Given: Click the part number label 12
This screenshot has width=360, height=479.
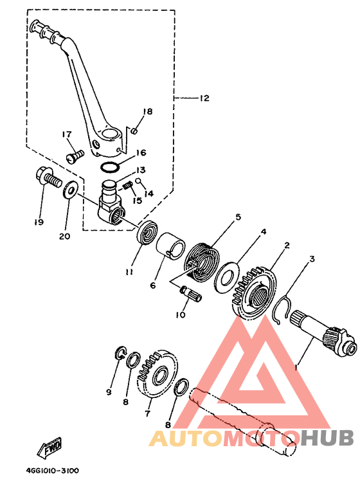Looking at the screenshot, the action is (204, 98).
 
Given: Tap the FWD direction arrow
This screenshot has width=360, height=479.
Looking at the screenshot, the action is (50, 447).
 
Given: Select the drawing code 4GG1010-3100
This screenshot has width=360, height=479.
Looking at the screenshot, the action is (52, 471).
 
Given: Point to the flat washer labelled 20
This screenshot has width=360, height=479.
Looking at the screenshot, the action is (71, 190).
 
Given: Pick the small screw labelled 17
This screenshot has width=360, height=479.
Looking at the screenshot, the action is (75, 155).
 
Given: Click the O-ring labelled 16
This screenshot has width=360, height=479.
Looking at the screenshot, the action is (110, 167).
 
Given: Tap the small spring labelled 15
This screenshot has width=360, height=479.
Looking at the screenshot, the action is (127, 185).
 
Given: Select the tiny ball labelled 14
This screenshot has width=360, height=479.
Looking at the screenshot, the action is (138, 181).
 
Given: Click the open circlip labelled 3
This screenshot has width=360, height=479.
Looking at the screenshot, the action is (283, 309).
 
